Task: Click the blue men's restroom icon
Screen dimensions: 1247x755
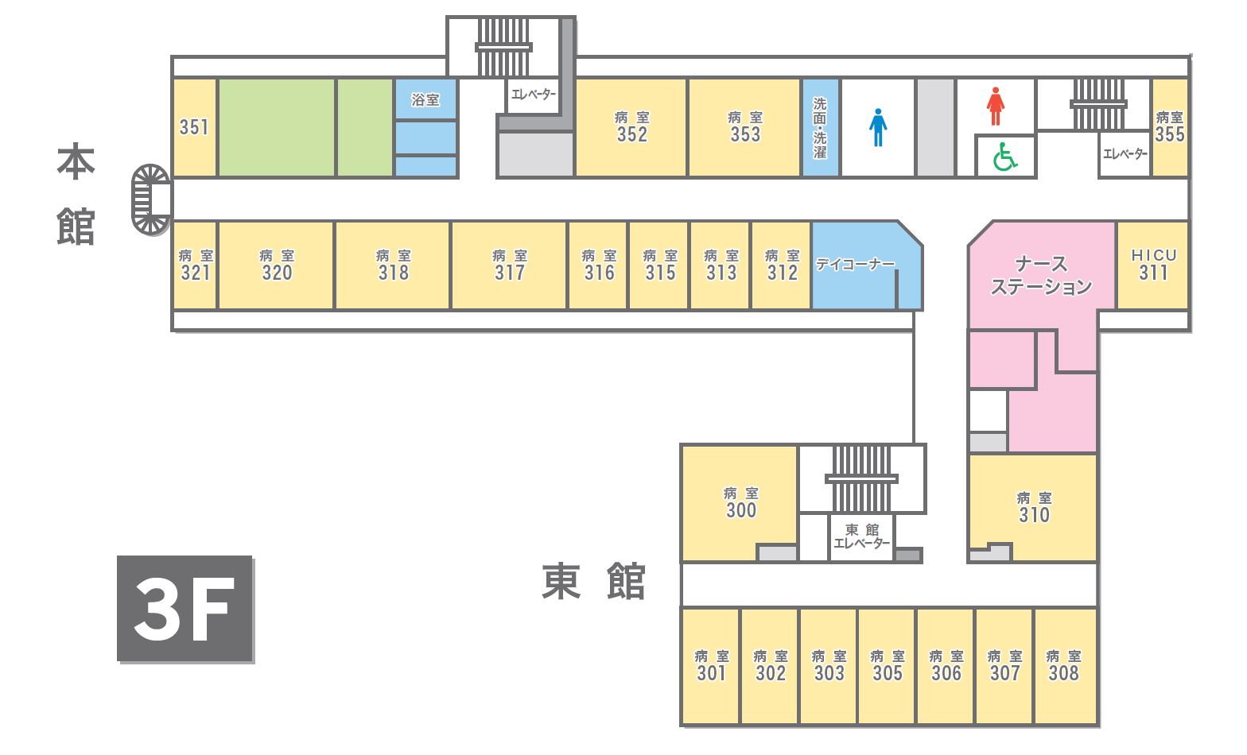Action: (x=878, y=127)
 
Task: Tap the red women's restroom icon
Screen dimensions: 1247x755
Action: (x=996, y=106)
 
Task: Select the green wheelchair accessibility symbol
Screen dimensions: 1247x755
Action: (x=1005, y=157)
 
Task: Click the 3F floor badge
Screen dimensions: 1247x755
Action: (x=185, y=609)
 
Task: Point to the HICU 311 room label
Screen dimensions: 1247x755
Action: (x=1153, y=265)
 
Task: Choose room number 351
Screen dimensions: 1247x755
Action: (x=194, y=127)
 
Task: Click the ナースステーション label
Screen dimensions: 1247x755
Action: (x=1041, y=275)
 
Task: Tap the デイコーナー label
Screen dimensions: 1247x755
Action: (x=855, y=264)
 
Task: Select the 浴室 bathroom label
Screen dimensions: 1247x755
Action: (x=425, y=99)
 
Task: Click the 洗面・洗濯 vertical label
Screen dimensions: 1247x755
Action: (x=820, y=128)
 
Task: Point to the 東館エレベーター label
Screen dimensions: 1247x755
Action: (x=862, y=536)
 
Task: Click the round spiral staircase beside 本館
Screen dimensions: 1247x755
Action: (x=151, y=199)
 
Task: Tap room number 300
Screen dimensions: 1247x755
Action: (x=741, y=510)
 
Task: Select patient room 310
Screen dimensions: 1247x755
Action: (x=1035, y=507)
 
